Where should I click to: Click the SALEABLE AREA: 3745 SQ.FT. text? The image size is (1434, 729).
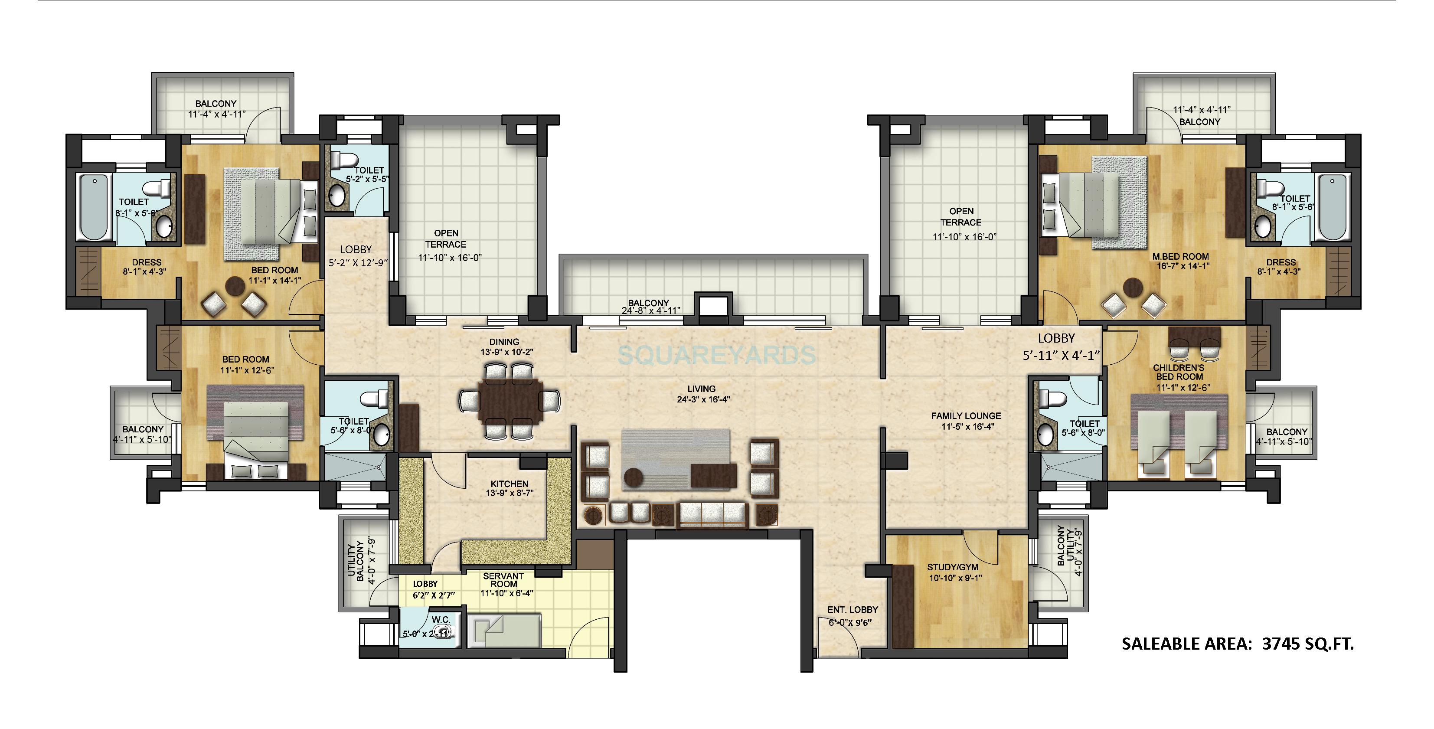pyautogui.click(x=1237, y=644)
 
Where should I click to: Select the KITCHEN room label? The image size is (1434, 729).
pyautogui.click(x=510, y=484)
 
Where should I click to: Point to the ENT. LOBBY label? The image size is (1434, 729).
pyautogui.click(x=852, y=610)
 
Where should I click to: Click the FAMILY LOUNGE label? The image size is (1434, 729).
pyautogui.click(x=966, y=416)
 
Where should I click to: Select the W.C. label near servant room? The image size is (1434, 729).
pyautogui.click(x=441, y=620)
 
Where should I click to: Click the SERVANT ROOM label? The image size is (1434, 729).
pyautogui.click(x=504, y=580)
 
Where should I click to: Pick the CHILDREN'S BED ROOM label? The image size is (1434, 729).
pyautogui.click(x=1179, y=373)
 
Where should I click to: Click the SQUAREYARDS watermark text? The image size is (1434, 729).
pyautogui.click(x=717, y=355)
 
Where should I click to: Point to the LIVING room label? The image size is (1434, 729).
pyautogui.click(x=701, y=389)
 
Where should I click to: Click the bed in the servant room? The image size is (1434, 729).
pyautogui.click(x=504, y=631)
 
